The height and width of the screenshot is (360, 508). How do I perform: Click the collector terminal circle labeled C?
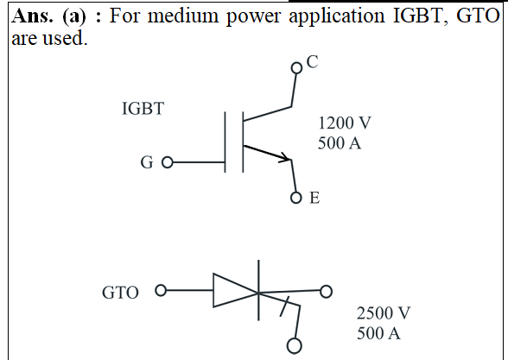click(296, 68)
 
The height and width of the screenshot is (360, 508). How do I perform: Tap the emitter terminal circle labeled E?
click(295, 198)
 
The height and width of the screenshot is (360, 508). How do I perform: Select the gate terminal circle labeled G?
click(168, 162)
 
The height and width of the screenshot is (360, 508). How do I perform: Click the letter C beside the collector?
click(313, 61)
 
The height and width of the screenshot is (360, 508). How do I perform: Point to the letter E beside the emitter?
click(314, 198)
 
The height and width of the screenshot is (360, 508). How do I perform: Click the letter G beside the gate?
click(147, 162)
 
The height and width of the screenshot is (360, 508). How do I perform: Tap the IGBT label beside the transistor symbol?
click(143, 109)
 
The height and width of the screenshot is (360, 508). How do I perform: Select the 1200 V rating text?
click(345, 123)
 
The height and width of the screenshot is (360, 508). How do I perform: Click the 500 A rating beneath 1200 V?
click(340, 143)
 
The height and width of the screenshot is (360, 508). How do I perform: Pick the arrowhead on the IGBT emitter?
click(286, 158)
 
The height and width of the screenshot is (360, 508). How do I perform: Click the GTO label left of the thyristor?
click(120, 293)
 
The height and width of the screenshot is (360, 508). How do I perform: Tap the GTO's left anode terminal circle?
click(161, 290)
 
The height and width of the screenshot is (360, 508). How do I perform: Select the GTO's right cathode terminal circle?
click(327, 291)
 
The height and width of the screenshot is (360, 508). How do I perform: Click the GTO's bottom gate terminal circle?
click(294, 345)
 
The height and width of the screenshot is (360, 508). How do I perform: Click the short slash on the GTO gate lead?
click(284, 306)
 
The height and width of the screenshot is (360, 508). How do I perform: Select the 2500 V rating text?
click(384, 313)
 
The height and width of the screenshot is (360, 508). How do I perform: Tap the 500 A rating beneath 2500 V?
click(378, 333)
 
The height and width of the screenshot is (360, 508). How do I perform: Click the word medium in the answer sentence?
click(183, 16)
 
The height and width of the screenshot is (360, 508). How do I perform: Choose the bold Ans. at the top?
click(32, 16)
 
